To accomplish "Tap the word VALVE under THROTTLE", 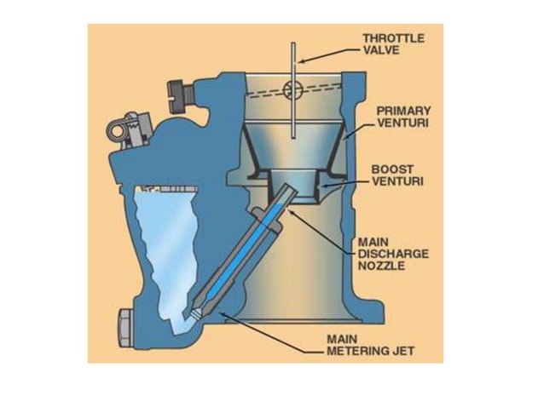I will pyautogui.click(x=380, y=50).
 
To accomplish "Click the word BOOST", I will pyautogui.click(x=388, y=169).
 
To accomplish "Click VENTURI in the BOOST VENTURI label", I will pyautogui.click(x=394, y=181).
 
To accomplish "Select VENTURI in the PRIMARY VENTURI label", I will pyautogui.click(x=399, y=123).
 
